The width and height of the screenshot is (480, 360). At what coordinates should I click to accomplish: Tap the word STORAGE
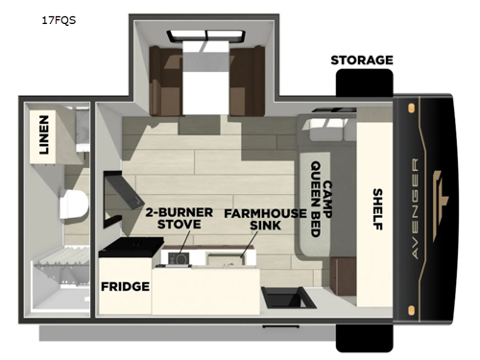[362, 60]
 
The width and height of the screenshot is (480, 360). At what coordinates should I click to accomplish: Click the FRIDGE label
[125, 286]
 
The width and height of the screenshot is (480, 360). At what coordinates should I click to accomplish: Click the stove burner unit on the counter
[178, 257]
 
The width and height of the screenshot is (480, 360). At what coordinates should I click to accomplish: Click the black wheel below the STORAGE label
[361, 86]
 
